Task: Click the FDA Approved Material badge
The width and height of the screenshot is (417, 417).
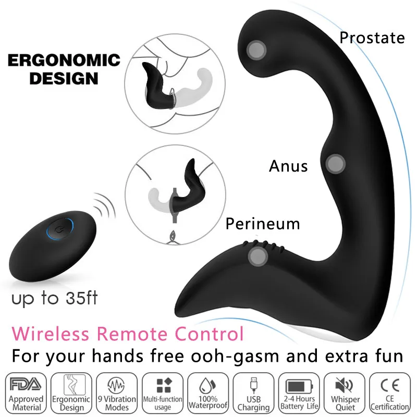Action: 26,391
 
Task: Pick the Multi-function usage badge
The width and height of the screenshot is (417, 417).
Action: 163,391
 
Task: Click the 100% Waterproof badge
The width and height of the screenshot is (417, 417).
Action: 208,391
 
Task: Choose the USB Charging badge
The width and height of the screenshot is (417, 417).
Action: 254,391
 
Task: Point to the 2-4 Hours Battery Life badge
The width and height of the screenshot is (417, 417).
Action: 299,391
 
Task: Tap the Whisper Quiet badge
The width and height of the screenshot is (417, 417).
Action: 345,391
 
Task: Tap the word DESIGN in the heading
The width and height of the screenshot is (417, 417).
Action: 63,79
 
